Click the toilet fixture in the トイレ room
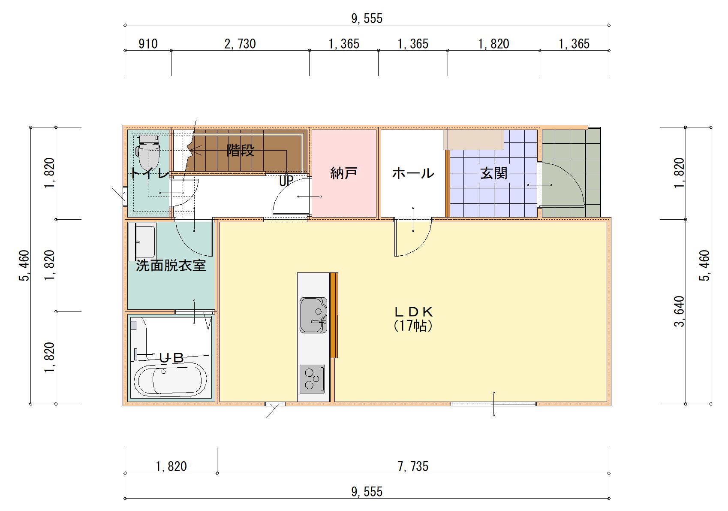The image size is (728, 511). [x=148, y=151]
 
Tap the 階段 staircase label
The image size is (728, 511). [x=240, y=150]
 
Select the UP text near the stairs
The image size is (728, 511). [x=286, y=181]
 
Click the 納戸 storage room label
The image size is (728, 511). [x=343, y=173]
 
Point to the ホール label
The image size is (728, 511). [x=413, y=173]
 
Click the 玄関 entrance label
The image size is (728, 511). [x=493, y=173]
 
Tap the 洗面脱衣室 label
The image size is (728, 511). [x=171, y=266]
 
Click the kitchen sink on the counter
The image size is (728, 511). [x=313, y=315]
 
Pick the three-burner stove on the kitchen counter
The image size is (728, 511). [x=312, y=378]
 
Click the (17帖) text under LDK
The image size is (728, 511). [x=413, y=326]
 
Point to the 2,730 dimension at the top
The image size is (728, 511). [x=240, y=44]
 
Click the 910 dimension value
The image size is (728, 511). [x=148, y=44]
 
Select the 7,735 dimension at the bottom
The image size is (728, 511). [x=413, y=467]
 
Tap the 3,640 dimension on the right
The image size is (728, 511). [x=679, y=311]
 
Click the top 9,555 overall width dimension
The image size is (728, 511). [x=367, y=18]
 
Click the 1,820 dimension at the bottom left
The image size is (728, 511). [x=171, y=467]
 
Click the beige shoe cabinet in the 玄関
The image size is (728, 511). [x=473, y=140]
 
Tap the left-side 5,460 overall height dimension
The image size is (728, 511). [x=24, y=266]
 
